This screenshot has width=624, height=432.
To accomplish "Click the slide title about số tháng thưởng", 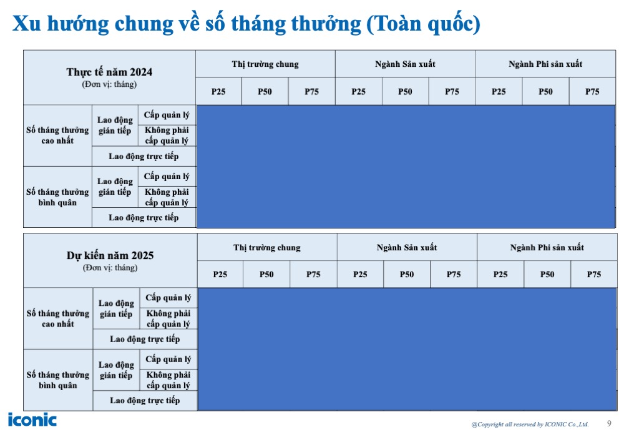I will [246, 24].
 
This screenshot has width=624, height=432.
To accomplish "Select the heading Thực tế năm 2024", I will [109, 72].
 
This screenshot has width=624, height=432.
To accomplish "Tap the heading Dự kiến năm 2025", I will [110, 255].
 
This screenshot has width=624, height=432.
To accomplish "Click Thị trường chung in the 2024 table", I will [265, 64].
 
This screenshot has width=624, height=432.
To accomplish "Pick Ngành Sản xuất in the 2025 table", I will [407, 248].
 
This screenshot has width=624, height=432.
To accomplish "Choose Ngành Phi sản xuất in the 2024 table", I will [545, 64].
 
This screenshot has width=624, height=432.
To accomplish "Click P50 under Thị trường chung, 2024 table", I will [265, 92].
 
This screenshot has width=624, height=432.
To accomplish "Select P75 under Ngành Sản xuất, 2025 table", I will [454, 275].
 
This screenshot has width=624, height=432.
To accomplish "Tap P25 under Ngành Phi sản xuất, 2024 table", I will [499, 92].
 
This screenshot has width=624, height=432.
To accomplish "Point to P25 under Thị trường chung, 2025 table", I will [220, 275].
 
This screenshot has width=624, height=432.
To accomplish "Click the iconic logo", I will [32, 420].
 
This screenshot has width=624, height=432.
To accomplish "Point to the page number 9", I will [609, 423].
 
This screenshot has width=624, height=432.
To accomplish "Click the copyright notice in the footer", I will [530, 425].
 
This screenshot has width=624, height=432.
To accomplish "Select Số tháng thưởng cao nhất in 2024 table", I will [57, 135].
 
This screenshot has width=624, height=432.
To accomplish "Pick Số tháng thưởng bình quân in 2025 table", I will [57, 380].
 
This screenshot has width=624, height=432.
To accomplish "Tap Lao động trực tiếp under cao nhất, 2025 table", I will [145, 339].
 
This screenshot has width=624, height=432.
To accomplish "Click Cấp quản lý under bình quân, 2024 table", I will [167, 177].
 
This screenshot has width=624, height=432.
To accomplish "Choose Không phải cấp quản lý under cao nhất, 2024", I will [167, 135].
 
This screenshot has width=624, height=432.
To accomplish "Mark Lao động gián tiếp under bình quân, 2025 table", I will [116, 370].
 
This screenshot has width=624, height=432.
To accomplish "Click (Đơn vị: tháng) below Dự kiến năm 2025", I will [110, 268].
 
